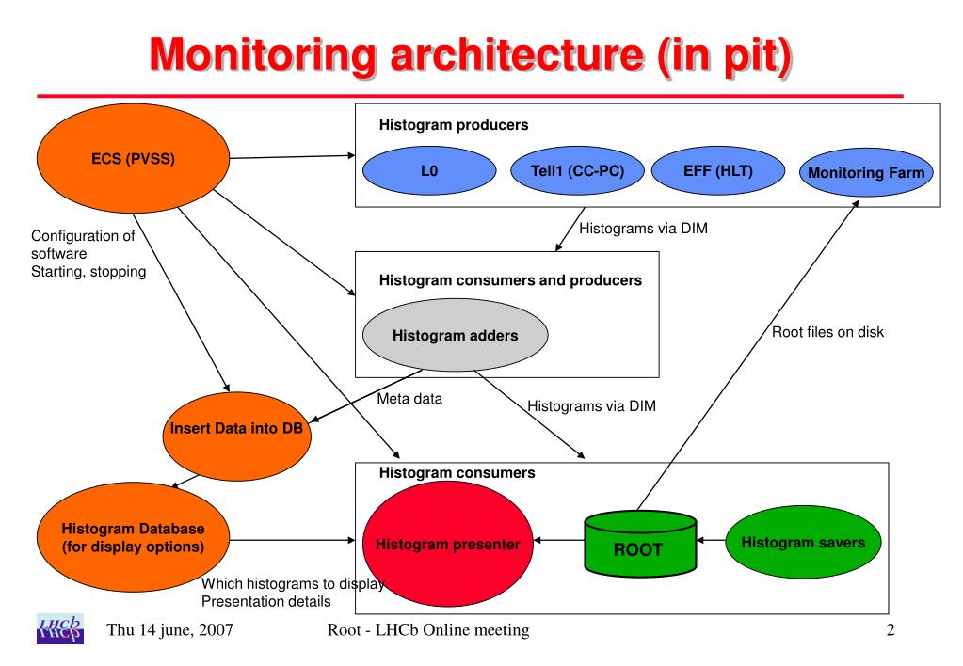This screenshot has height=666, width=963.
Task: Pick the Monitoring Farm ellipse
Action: point(866,172)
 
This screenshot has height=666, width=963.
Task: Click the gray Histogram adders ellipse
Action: point(454,335)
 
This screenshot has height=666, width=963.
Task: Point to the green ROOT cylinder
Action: point(637,544)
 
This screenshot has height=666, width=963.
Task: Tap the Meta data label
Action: point(409,399)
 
